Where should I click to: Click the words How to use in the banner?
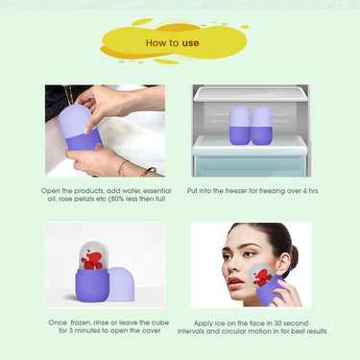(x=173, y=43)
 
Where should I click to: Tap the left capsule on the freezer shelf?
(x=240, y=126)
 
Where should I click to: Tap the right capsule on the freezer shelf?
(x=261, y=126)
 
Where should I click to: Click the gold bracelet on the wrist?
(x=148, y=172)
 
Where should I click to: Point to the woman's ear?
(x=282, y=262)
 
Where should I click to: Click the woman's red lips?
(x=234, y=282)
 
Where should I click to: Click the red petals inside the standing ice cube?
(x=92, y=260)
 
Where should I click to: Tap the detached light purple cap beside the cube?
(x=121, y=283)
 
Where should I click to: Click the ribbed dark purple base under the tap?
(x=84, y=140)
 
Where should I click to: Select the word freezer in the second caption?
(x=236, y=191)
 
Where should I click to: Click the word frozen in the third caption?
(x=80, y=323)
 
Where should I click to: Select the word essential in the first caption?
(x=157, y=191)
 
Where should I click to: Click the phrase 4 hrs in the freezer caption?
(x=310, y=191)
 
